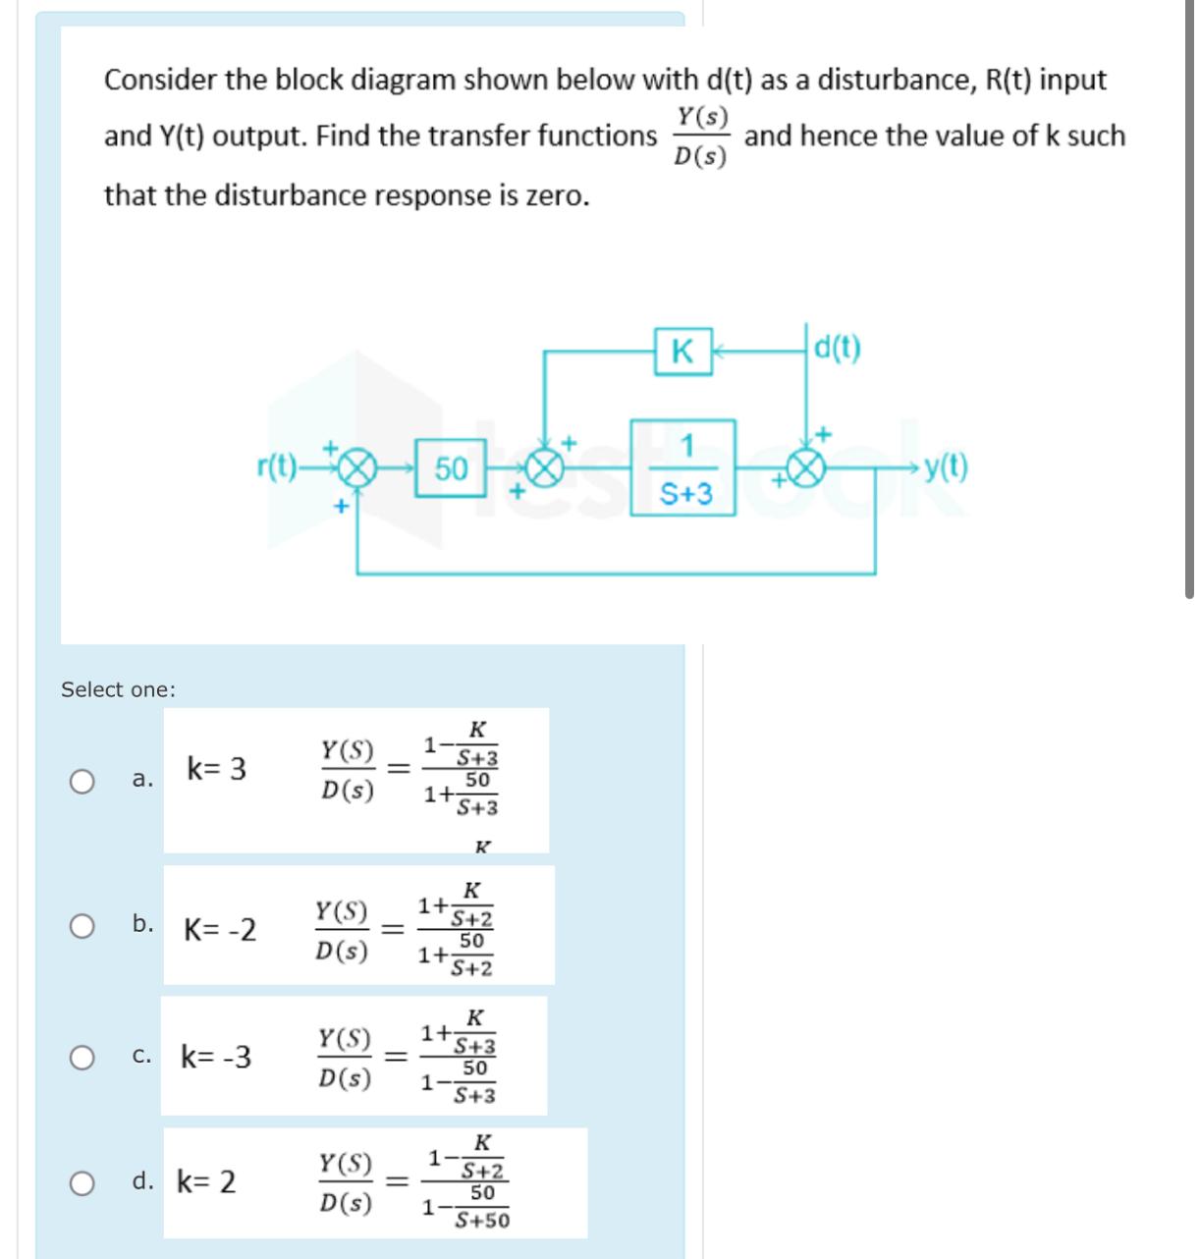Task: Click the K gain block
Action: point(682,351)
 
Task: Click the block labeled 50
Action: point(451,469)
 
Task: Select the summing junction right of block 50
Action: point(546,470)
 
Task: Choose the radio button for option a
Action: point(82,781)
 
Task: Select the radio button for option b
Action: point(82,925)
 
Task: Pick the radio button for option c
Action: point(82,1058)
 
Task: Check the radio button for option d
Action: point(82,1182)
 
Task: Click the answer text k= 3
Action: point(216,769)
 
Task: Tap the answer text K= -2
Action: point(220,929)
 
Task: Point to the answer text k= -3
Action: point(216,1058)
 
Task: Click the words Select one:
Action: point(119,689)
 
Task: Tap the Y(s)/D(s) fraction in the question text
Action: point(701,137)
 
